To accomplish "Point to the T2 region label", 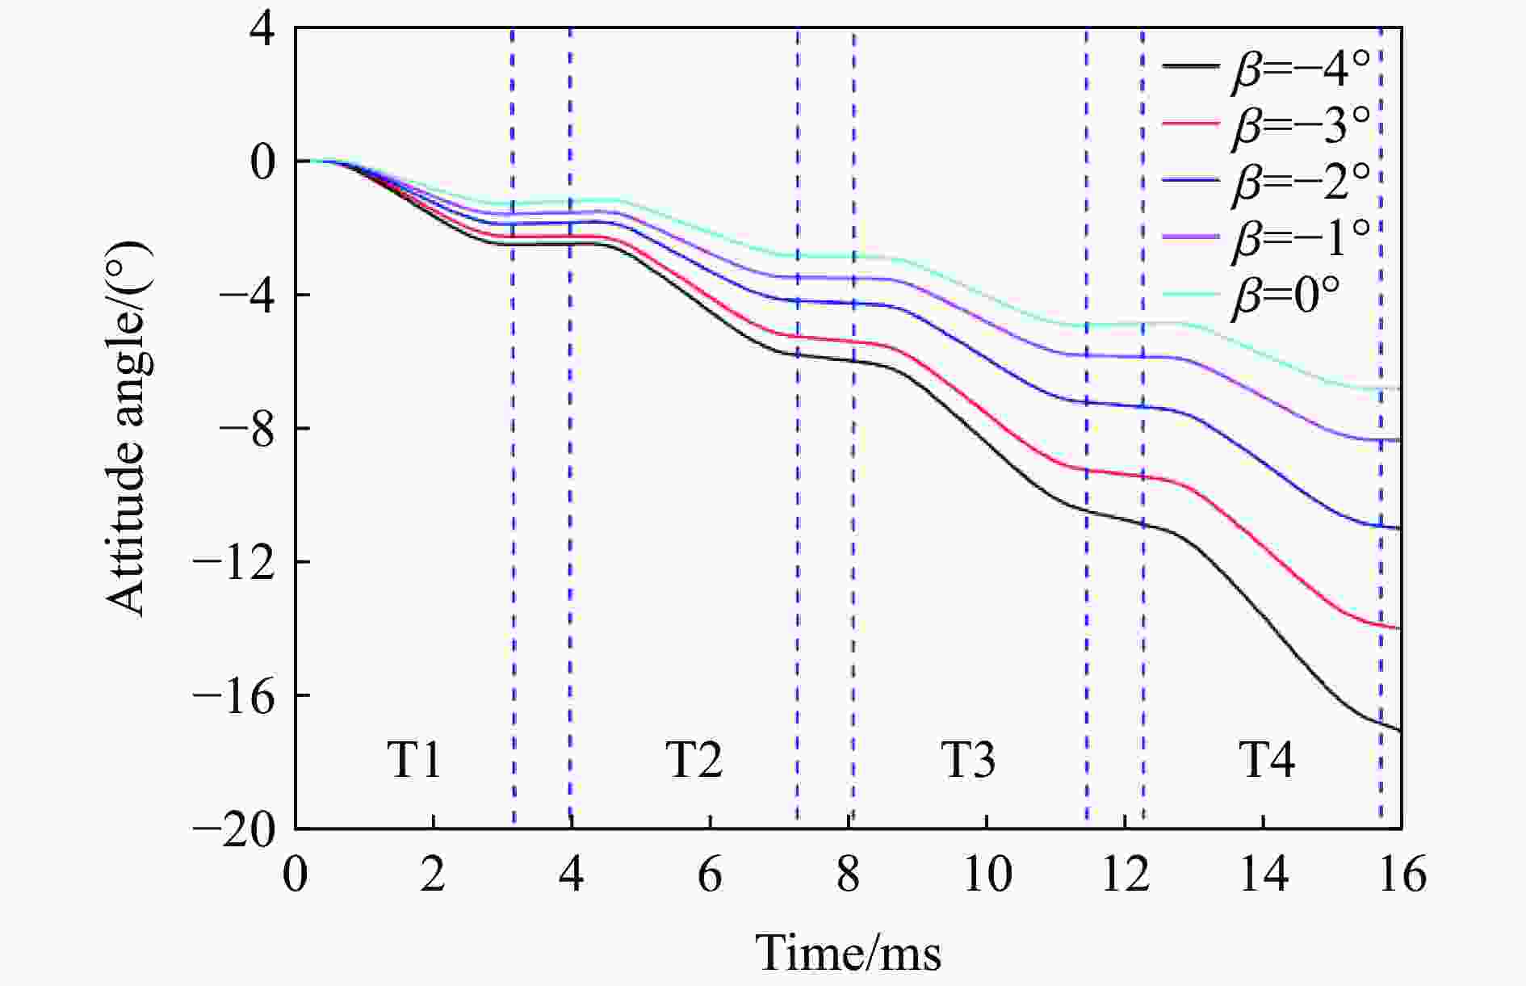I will (694, 760).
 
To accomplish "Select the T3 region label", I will (968, 760).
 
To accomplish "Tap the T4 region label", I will (1267, 760).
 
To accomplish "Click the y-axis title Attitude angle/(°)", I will (127, 428).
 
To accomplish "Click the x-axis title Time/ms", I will (849, 953).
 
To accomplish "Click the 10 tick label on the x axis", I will (987, 875).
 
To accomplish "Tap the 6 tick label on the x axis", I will (710, 875).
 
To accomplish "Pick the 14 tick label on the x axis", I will (1264, 875).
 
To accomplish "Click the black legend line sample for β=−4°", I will (1190, 68).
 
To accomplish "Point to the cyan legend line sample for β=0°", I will (1190, 295).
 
